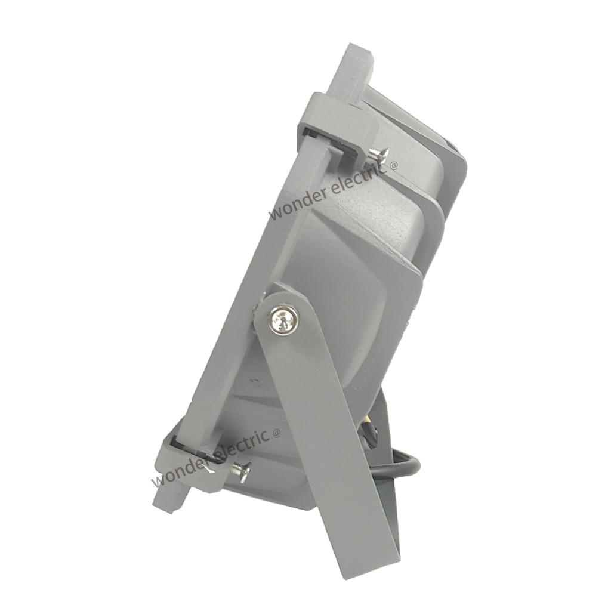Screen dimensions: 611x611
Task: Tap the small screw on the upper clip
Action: [378, 153]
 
